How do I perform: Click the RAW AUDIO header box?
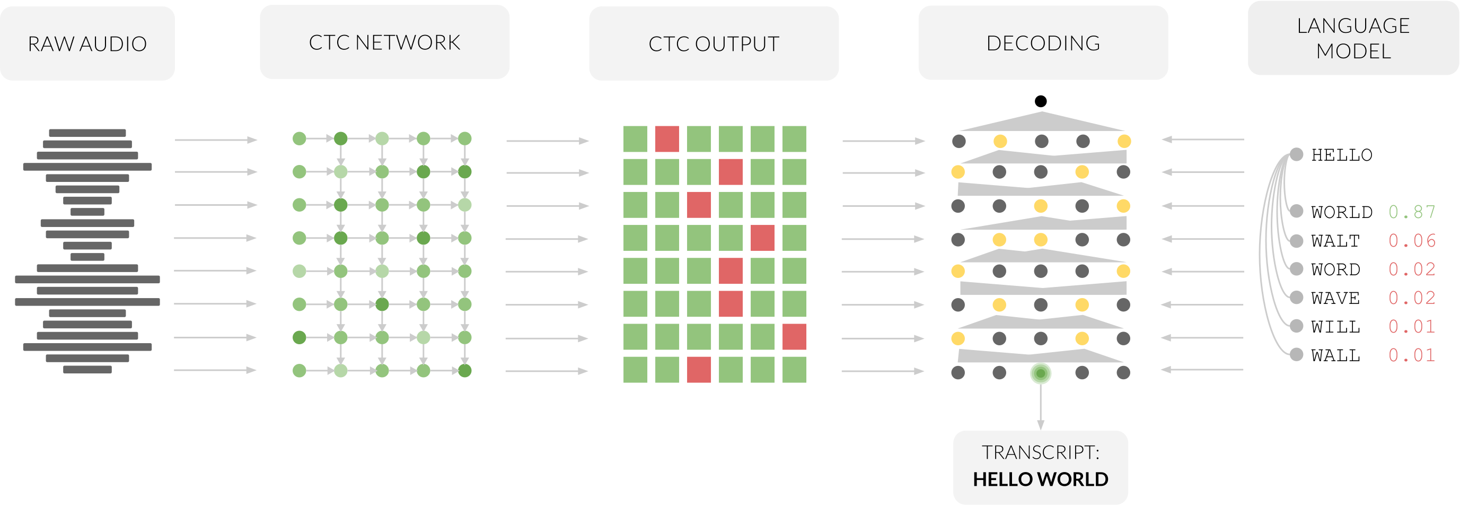click(x=87, y=43)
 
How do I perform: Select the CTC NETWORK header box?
click(x=384, y=42)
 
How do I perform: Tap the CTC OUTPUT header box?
click(x=714, y=43)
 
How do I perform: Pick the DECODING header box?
click(x=1043, y=43)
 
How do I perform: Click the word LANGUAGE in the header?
click(x=1353, y=26)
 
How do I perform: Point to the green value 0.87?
click(x=1412, y=212)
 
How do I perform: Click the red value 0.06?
click(x=1412, y=240)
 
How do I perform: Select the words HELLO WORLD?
click(x=1041, y=479)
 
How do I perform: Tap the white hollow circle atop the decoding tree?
click(x=1041, y=101)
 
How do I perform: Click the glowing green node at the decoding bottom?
click(x=1040, y=373)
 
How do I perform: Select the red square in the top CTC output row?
click(x=667, y=139)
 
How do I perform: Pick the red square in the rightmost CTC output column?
click(x=794, y=337)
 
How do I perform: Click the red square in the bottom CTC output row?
click(x=699, y=370)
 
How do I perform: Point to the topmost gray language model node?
click(x=1296, y=154)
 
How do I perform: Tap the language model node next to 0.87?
click(x=1296, y=212)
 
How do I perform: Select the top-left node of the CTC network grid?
click(x=299, y=138)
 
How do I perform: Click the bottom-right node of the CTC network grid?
click(x=465, y=371)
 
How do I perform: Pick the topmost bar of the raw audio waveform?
click(x=87, y=133)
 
